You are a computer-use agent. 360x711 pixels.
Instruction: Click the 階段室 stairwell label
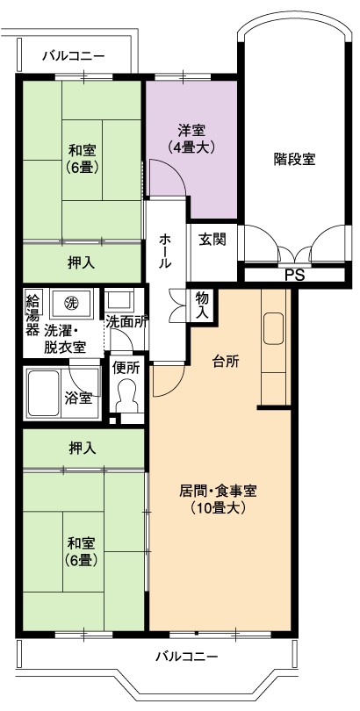click(295, 159)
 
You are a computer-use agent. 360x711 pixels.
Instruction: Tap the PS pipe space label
click(295, 276)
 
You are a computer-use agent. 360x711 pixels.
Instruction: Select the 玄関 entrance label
click(212, 240)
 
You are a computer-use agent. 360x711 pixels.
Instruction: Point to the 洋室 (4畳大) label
click(191, 139)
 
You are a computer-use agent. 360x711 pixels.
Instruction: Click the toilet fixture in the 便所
click(127, 396)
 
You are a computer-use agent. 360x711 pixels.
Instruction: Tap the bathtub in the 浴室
click(44, 393)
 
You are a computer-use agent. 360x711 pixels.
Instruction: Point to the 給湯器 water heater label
click(32, 314)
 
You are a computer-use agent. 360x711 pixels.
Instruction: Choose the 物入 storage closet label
click(202, 305)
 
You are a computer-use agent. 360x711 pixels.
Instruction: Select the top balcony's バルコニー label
click(74, 56)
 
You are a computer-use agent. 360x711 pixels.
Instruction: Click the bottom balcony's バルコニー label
click(187, 656)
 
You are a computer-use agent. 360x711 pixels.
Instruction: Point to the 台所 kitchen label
click(226, 362)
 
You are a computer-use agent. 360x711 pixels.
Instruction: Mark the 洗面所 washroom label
click(126, 322)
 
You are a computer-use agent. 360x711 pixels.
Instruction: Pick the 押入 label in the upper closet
click(82, 263)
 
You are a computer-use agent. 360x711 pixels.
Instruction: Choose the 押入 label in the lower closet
click(82, 449)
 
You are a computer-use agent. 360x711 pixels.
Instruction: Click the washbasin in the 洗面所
click(119, 299)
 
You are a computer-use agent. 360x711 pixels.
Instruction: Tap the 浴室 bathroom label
click(79, 399)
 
